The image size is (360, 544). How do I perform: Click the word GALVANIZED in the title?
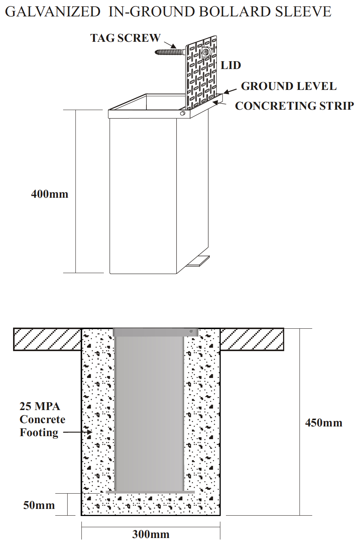pyautogui.click(x=53, y=12)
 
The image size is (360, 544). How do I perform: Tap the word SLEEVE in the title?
pyautogui.click(x=303, y=12)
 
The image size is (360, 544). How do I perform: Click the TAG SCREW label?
pyautogui.click(x=125, y=38)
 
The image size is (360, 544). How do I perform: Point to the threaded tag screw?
pyautogui.click(x=170, y=52)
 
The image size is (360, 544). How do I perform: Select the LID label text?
pyautogui.click(x=231, y=66)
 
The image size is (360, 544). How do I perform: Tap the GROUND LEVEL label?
pyautogui.click(x=289, y=86)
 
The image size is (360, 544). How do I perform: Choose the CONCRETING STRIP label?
pyautogui.click(x=294, y=106)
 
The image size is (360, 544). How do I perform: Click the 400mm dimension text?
pyautogui.click(x=50, y=194)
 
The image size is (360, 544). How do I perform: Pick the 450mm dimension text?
pyautogui.click(x=324, y=423)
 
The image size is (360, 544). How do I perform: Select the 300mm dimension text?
pyautogui.click(x=151, y=534)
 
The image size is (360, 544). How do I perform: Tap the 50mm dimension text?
pyautogui.click(x=39, y=505)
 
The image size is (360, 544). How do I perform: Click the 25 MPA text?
pyautogui.click(x=40, y=406)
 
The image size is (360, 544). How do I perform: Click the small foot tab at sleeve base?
pyautogui.click(x=199, y=261)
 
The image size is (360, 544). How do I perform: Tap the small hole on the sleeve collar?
pyautogui.click(x=183, y=113)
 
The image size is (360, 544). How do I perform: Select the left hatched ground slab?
pyautogui.click(x=47, y=339)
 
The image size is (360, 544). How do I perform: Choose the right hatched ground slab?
pyautogui.click(x=252, y=339)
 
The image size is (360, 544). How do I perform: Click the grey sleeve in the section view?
pyautogui.click(x=149, y=410)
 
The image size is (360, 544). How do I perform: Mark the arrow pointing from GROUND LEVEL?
pyautogui.click(x=230, y=91)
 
